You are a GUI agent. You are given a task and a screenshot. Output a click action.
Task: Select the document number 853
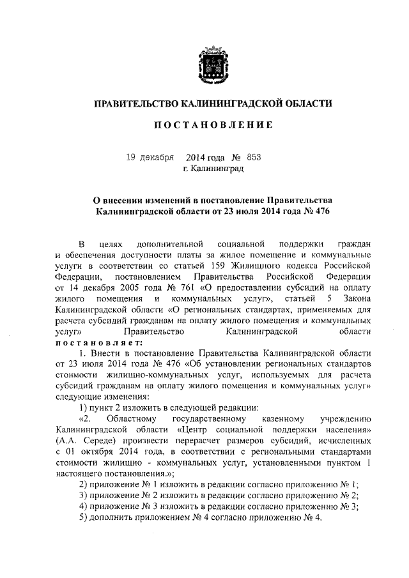pyautogui.click(x=254, y=157)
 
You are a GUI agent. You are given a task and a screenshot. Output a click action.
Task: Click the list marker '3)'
pyautogui.click(x=83, y=494)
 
